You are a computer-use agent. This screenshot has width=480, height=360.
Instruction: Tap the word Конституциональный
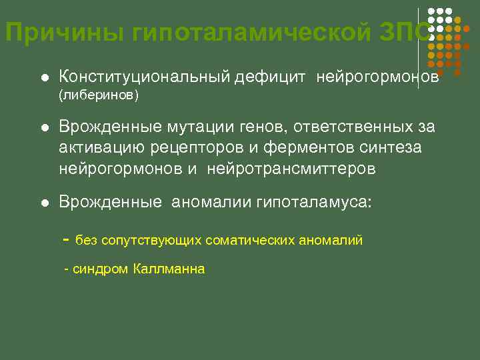(x=145, y=77)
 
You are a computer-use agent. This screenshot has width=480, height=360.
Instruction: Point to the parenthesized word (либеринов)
(x=99, y=96)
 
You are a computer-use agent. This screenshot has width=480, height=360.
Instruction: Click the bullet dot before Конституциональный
(x=45, y=78)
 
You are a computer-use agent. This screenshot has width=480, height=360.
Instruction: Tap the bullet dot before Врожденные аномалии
(x=45, y=203)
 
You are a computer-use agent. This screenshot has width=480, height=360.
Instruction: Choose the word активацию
(x=99, y=148)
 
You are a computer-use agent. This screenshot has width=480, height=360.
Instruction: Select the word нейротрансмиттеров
(x=291, y=169)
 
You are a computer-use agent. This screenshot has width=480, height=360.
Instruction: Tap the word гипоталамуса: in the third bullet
(x=313, y=202)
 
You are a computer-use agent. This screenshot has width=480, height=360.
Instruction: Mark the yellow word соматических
(x=249, y=241)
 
